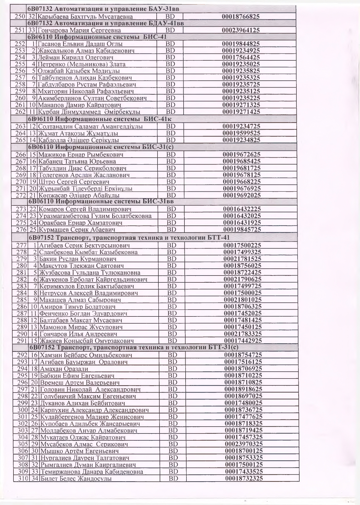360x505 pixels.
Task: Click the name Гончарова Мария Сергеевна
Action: pos(79,30)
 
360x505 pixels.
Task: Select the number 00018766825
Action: pos(241,17)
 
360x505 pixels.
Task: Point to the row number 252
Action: pos(20,44)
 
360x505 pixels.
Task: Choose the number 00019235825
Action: pos(241,71)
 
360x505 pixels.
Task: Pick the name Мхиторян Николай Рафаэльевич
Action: pos(86,91)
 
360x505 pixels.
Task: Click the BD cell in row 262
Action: pos(170,112)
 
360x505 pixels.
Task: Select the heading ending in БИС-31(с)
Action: pos(100,147)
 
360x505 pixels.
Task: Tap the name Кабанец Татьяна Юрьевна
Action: pos(77,161)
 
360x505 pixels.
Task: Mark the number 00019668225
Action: pos(242,182)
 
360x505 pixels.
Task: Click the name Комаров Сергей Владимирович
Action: pos(85,209)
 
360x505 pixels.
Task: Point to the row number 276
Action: pos(21,229)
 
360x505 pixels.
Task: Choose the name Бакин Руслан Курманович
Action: pos(78,259)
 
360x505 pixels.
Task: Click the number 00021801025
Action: pos(243,300)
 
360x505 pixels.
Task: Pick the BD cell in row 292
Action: pos(172,355)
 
